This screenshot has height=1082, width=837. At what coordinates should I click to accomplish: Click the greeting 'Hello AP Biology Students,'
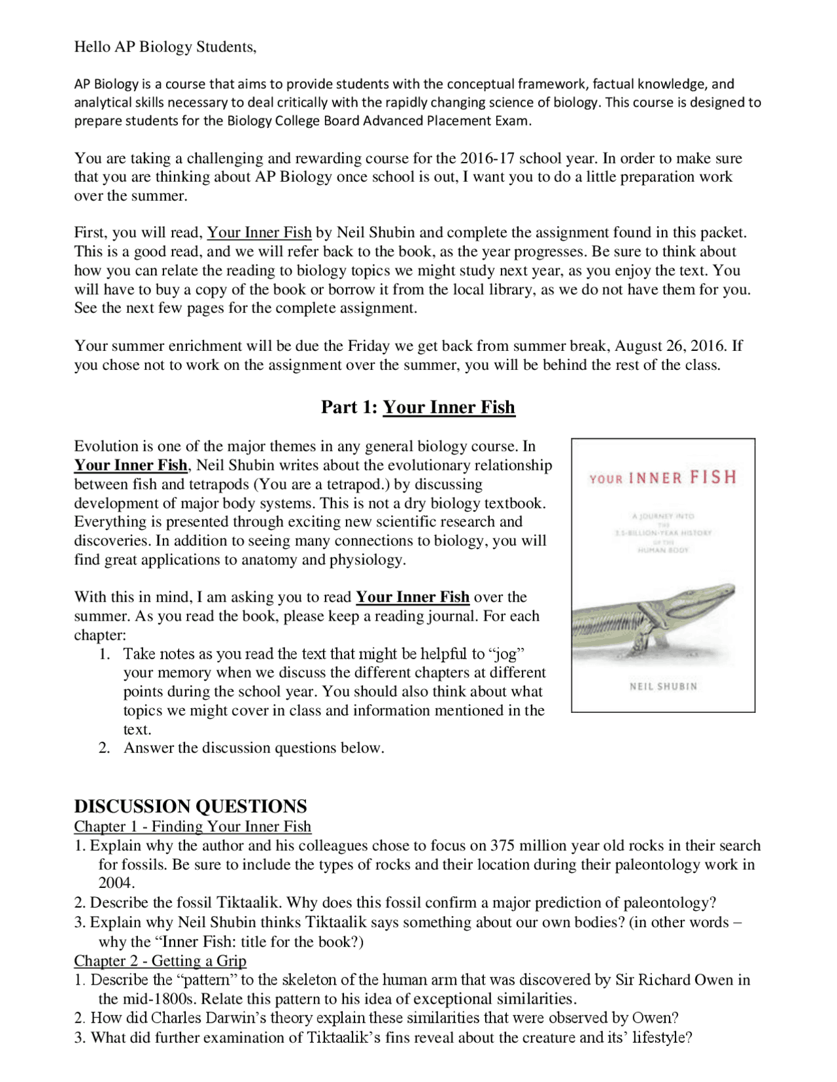pos(165,47)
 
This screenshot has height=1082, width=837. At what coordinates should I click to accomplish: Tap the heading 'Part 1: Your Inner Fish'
pos(418,408)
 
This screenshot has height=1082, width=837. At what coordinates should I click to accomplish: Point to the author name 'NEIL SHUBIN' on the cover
pos(663,687)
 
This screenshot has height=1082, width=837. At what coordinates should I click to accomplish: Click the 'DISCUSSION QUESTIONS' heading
pos(190,806)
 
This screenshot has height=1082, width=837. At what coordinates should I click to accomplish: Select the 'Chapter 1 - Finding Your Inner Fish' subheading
pos(192,827)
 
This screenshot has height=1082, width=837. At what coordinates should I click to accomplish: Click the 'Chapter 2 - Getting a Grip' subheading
pos(160,961)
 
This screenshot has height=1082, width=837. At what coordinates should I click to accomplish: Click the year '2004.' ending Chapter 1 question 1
pos(116,883)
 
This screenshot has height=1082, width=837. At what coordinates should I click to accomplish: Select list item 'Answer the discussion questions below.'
pos(254,748)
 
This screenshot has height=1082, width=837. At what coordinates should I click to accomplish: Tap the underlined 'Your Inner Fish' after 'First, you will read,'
pos(259,233)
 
